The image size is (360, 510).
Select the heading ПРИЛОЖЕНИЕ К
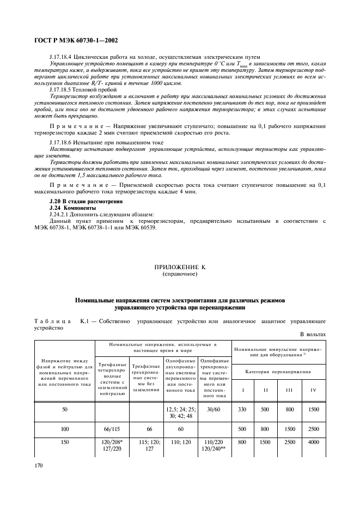(180, 268)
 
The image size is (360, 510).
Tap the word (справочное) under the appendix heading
(180, 274)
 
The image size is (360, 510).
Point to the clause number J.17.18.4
(65, 57)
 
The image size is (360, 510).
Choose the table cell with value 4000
(314, 444)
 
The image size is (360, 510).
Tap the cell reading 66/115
(111, 429)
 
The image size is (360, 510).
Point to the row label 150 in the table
(65, 444)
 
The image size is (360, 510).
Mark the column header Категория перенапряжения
(279, 372)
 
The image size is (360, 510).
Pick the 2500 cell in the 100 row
(314, 429)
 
